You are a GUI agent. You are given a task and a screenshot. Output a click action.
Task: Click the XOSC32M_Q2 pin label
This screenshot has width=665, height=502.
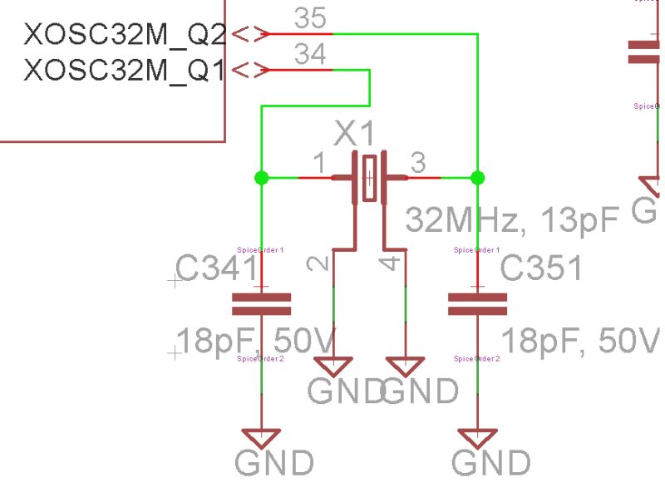point(125,35)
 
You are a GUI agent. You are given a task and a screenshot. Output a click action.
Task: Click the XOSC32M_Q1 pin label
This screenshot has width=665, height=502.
point(125,70)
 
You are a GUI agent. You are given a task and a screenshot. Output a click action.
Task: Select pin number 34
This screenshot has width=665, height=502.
point(310,55)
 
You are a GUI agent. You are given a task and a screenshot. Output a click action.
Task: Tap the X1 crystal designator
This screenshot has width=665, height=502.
point(355,134)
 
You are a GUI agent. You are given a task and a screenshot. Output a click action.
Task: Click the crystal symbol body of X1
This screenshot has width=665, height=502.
point(369,177)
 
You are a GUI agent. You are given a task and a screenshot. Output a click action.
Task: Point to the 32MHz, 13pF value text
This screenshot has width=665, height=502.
point(513,220)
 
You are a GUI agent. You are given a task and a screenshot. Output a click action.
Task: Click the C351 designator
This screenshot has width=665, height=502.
point(541,269)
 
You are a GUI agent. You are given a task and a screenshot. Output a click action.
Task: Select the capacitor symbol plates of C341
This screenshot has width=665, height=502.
point(261,304)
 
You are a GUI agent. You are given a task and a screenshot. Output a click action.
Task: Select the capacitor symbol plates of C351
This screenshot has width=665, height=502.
point(477,304)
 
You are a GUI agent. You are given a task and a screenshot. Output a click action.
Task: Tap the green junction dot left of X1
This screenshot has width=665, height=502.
point(261,177)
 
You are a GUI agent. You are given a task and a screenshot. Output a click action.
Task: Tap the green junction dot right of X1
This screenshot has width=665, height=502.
point(477,177)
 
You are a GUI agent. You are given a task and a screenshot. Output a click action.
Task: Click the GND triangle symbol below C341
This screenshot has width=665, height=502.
point(261,438)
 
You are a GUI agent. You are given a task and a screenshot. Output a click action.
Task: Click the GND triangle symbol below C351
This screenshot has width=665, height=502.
point(477,438)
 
